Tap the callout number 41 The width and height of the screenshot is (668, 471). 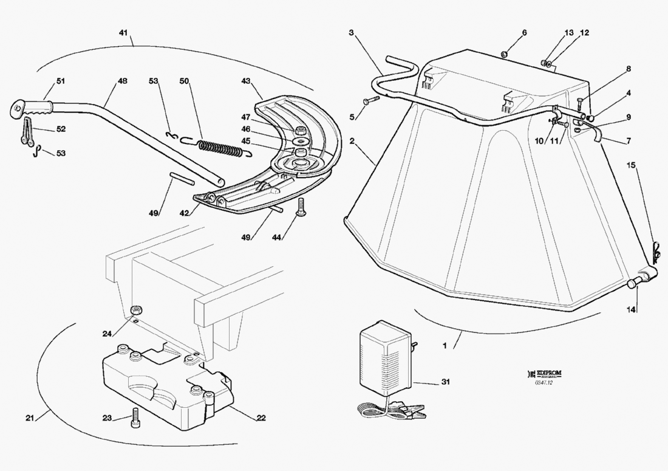(x=124, y=32)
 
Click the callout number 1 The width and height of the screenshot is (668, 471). (x=445, y=346)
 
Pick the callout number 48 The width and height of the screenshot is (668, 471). (x=122, y=80)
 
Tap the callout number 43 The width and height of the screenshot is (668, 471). (x=246, y=81)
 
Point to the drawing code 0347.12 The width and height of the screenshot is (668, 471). (x=543, y=382)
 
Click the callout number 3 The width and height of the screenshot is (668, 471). (x=352, y=32)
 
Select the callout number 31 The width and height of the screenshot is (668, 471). (x=446, y=382)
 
